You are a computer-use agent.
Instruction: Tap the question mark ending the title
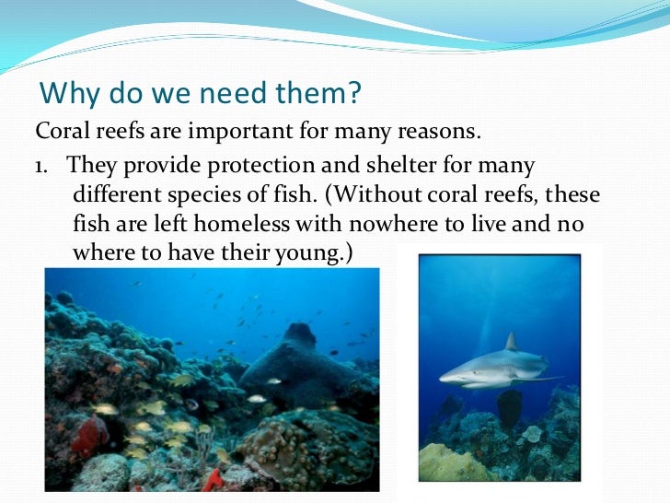click(x=356, y=93)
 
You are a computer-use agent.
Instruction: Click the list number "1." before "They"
click(x=44, y=166)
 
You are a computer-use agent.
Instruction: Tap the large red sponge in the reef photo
click(x=88, y=435)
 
